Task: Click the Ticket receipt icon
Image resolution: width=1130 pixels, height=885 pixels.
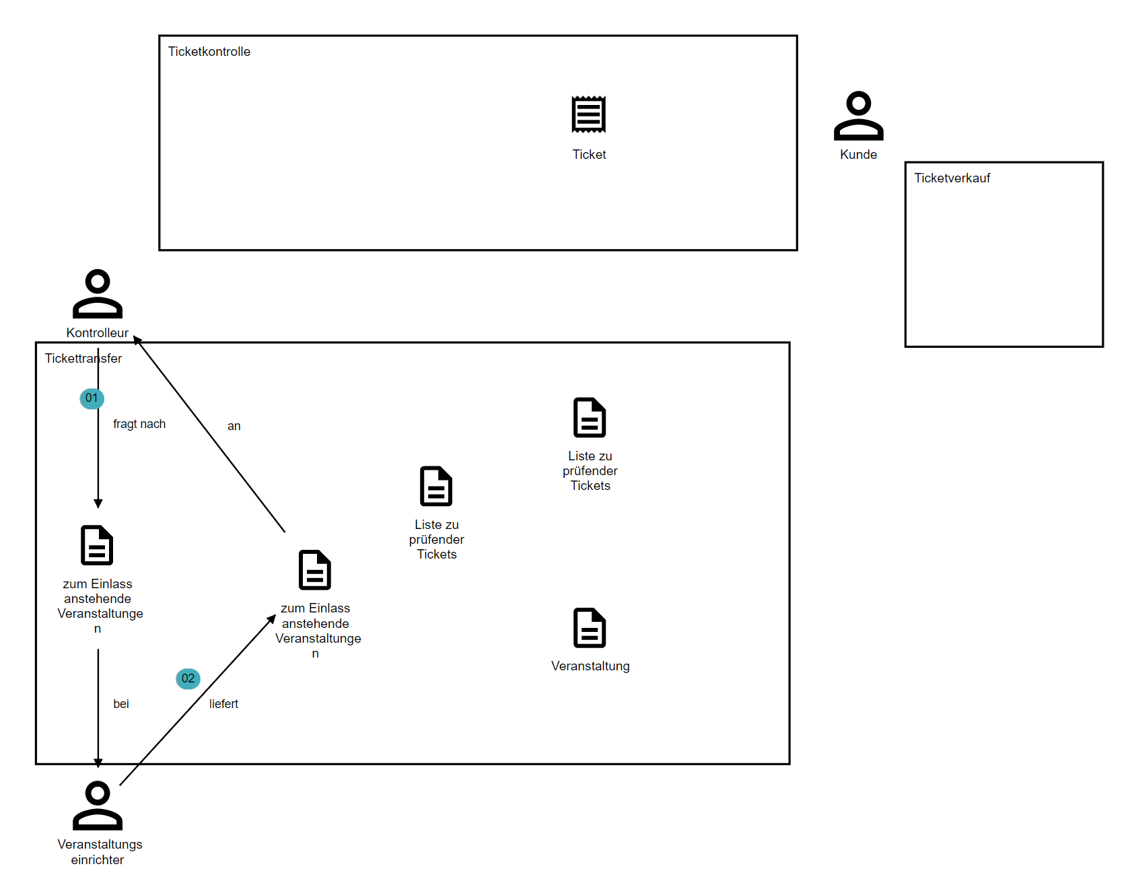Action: coord(589,114)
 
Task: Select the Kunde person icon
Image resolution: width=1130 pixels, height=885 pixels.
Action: coord(859,116)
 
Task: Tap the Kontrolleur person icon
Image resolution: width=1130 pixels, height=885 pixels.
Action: coord(98,294)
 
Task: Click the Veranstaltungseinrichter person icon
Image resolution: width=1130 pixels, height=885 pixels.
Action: coord(98,806)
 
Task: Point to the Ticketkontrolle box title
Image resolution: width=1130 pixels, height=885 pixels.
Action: coord(209,52)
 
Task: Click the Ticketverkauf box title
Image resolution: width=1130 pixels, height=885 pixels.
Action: coord(952,178)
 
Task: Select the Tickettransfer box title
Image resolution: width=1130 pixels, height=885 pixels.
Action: coord(83,359)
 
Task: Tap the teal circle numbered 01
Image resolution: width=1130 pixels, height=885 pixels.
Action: coord(92,398)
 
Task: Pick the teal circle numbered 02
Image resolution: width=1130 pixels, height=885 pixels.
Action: coord(188,678)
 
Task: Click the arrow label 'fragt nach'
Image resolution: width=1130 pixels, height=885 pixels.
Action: coord(139,424)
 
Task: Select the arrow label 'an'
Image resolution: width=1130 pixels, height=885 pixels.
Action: coord(234,426)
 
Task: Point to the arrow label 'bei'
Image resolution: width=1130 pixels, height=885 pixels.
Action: coord(121,704)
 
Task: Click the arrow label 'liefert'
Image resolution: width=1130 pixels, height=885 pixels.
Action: coord(223,704)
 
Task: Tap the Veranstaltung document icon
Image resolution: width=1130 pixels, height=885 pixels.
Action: coord(590,628)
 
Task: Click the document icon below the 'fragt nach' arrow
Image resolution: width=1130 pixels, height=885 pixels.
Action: coord(97,545)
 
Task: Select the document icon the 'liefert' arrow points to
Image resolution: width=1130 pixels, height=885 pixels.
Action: coord(315,570)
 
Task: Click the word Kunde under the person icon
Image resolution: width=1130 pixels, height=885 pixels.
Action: coord(859,155)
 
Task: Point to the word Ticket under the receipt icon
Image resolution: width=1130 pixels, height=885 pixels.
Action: coord(590,155)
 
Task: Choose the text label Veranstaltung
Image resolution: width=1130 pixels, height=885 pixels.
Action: coord(590,666)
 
